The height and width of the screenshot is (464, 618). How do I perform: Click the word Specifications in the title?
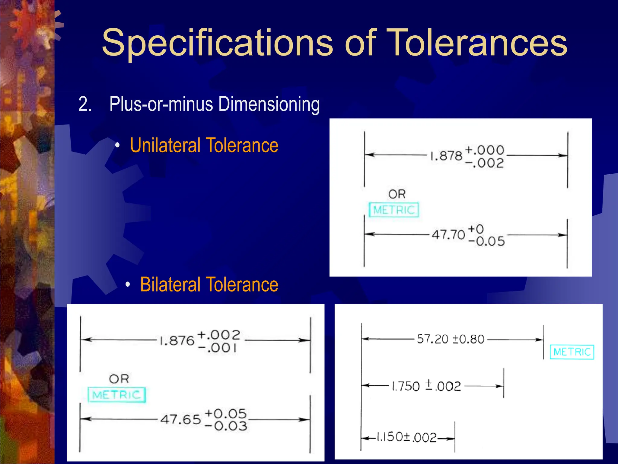point(217,43)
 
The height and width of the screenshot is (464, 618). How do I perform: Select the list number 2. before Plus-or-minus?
point(85,105)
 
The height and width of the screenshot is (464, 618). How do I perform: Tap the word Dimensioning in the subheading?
point(269,105)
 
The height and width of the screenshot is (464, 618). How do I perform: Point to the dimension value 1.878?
point(446,156)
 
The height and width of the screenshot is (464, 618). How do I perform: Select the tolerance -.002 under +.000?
point(485,163)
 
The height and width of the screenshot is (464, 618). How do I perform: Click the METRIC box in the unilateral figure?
point(394,210)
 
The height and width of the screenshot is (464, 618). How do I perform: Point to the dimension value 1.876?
point(177,341)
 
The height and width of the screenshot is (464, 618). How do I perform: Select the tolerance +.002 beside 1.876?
point(219,335)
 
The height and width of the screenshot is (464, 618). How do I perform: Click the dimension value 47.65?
point(180,419)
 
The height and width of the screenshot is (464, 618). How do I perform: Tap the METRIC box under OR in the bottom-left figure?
point(117,395)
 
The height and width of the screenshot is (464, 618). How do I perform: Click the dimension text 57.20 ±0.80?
point(450,339)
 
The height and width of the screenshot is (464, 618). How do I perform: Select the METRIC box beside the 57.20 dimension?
point(572,352)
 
